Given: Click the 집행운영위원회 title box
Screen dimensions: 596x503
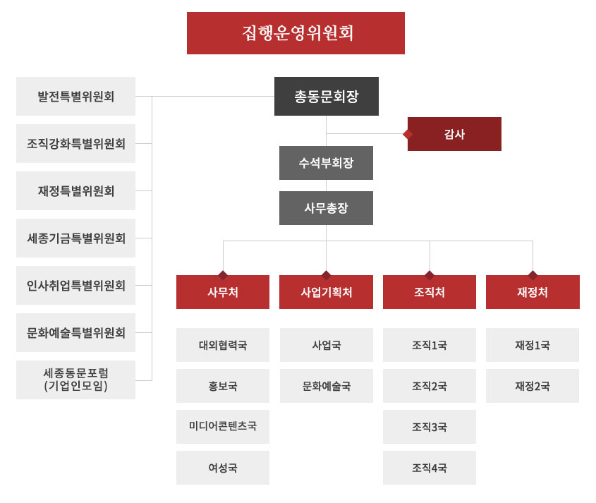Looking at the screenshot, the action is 296,33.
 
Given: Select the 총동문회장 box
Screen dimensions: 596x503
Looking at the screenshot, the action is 327,96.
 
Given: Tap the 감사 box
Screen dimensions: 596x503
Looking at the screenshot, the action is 454,134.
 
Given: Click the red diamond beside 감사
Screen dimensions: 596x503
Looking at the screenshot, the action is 408,134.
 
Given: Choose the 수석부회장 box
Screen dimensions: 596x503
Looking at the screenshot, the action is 326,163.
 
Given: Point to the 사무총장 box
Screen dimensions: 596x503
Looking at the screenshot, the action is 326,208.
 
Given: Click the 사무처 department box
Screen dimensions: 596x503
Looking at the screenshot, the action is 223,292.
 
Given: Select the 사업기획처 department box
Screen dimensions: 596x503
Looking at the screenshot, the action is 326,292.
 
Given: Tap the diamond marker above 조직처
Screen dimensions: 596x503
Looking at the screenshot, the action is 430,275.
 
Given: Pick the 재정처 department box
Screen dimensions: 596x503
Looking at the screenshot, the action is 533,292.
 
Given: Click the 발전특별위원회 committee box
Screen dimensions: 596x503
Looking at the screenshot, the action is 75,96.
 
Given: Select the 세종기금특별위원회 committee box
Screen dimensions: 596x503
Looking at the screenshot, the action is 75,238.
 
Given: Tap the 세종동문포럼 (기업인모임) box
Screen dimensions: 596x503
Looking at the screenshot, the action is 75,380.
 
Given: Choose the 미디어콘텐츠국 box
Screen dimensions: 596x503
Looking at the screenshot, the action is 223,427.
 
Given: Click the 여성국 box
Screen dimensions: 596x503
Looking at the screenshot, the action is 223,468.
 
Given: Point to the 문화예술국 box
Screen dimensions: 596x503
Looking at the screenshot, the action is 327,386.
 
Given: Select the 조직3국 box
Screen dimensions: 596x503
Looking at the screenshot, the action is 430,427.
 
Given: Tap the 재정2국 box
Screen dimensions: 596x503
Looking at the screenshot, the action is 533,386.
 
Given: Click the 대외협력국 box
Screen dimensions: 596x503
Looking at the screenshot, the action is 223,345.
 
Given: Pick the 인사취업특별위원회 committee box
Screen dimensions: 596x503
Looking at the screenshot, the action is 75,285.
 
